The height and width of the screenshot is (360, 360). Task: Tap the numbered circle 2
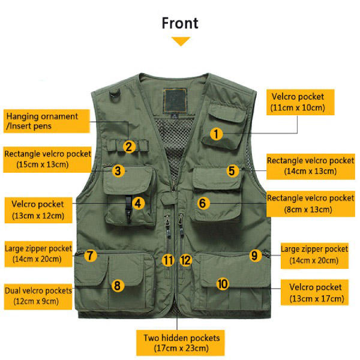pyautogui.click(x=129, y=146)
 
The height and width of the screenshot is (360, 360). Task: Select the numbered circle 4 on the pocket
pyautogui.click(x=138, y=203)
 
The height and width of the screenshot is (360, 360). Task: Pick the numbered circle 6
pyautogui.click(x=203, y=203)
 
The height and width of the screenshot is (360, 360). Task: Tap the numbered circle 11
pyautogui.click(x=168, y=260)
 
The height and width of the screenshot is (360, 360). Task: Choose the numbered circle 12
pyautogui.click(x=186, y=260)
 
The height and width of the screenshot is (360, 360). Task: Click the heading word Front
pyautogui.click(x=180, y=23)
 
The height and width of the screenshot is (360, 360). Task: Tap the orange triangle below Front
pyautogui.click(x=181, y=41)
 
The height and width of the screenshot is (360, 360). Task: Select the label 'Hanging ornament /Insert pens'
pyautogui.click(x=42, y=121)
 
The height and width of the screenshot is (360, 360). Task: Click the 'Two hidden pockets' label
pyautogui.click(x=181, y=342)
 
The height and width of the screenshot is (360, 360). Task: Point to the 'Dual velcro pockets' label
pyautogui.click(x=39, y=295)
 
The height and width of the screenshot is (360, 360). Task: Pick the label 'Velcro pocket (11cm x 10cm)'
pyautogui.click(x=298, y=102)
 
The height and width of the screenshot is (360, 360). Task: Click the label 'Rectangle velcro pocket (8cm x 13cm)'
pyautogui.click(x=310, y=203)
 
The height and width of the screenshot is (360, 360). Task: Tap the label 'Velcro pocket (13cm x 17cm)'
pyautogui.click(x=316, y=293)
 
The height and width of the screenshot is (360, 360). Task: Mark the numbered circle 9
pyautogui.click(x=254, y=256)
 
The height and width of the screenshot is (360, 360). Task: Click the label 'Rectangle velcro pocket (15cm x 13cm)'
pyautogui.click(x=47, y=158)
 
